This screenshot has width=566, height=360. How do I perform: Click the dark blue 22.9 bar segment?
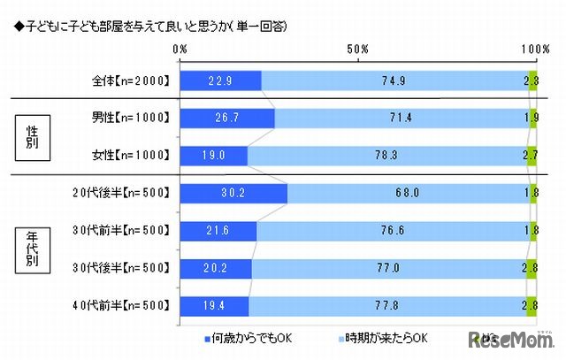[220, 81]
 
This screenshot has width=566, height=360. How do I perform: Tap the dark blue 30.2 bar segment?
[233, 193]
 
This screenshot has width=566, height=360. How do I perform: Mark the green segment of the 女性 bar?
[532, 156]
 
